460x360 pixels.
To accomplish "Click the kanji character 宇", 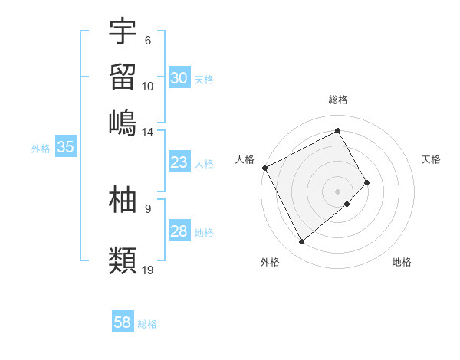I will click(123, 31).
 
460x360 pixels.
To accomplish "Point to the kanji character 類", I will click(123, 260).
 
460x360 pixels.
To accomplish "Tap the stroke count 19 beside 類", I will click(149, 270).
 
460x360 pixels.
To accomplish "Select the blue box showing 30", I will click(179, 78).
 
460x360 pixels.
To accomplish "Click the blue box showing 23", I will click(179, 162).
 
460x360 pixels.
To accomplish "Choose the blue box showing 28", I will click(179, 231).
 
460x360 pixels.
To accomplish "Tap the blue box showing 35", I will click(66, 148).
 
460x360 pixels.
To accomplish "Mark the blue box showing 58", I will click(123, 322).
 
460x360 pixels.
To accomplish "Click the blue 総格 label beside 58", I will click(148, 324).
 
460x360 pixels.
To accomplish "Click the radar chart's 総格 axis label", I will click(338, 100).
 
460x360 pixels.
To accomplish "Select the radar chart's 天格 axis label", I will click(432, 159).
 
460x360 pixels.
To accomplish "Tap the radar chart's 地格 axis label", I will click(402, 262).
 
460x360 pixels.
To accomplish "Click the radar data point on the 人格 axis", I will click(264, 168).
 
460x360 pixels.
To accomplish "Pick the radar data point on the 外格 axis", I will click(301, 242).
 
